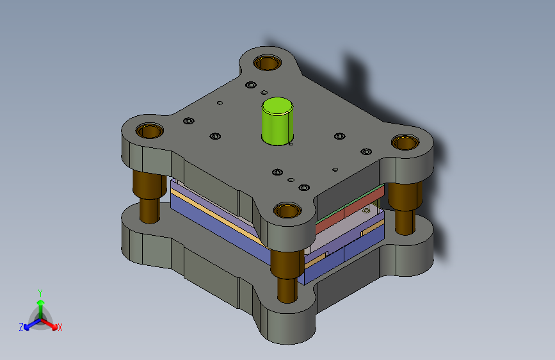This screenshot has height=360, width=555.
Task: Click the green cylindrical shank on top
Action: tap(277, 121)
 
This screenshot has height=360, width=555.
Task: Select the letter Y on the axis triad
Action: tap(40, 293)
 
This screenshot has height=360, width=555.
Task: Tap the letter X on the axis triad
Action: tap(60, 327)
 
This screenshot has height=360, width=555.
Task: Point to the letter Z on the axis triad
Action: tap(21, 327)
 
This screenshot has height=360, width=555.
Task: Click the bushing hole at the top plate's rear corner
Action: tap(267, 63)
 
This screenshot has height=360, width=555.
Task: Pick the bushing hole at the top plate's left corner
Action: tap(149, 131)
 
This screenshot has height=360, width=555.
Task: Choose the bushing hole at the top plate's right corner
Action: tap(405, 142)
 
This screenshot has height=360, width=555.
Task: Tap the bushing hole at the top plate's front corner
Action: tap(287, 211)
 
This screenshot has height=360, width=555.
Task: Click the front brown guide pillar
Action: tap(287, 275)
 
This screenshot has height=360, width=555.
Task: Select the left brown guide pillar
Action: tap(149, 196)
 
